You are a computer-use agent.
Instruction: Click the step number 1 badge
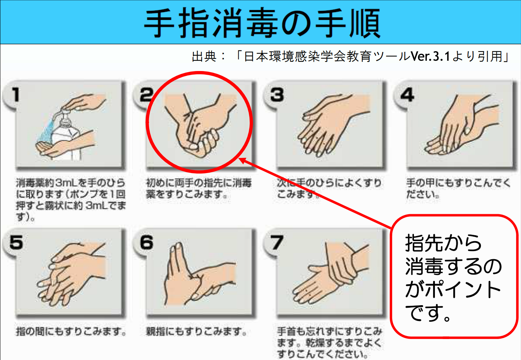tap(15, 95)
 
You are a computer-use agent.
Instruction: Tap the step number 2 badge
tap(146, 95)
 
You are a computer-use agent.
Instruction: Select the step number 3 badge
tap(277, 95)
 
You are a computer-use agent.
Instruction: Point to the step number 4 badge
tap(407, 95)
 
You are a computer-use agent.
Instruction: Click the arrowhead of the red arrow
tap(242, 160)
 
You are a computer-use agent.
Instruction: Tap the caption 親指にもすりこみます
tap(196, 331)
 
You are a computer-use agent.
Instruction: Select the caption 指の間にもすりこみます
tap(71, 331)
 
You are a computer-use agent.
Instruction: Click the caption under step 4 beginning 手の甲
tap(458, 188)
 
